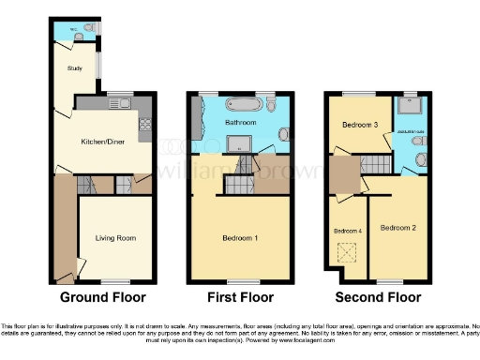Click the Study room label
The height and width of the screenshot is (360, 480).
click(x=74, y=69)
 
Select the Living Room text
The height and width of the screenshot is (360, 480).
click(x=115, y=238)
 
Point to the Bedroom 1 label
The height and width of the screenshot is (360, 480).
click(x=241, y=238)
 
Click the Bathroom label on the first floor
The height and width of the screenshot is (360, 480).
click(x=241, y=123)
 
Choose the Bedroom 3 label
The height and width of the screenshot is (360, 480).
click(x=360, y=125)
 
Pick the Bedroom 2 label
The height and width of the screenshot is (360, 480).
click(x=398, y=227)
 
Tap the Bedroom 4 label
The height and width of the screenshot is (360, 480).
click(x=347, y=231)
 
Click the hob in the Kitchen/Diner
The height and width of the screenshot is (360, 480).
click(x=145, y=126)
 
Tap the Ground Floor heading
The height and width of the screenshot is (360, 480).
click(x=102, y=297)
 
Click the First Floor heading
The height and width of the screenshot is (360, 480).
click(x=241, y=297)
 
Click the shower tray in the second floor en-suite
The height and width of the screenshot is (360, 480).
click(x=411, y=105)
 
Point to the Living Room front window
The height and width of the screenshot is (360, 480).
click(x=115, y=280)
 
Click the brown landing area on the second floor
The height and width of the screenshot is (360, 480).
click(x=342, y=174)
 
